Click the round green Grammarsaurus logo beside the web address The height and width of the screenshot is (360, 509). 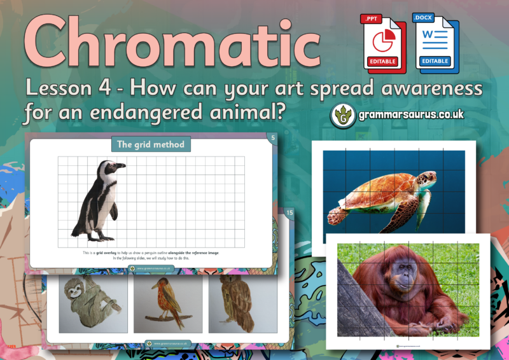pyautogui.click(x=344, y=115)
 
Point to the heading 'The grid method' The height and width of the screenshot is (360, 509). pyautogui.click(x=151, y=144)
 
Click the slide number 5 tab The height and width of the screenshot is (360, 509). pyautogui.click(x=272, y=136)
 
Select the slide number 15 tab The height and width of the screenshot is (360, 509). pyautogui.click(x=289, y=212)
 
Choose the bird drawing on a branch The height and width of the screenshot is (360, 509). pyautogui.click(x=167, y=303)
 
